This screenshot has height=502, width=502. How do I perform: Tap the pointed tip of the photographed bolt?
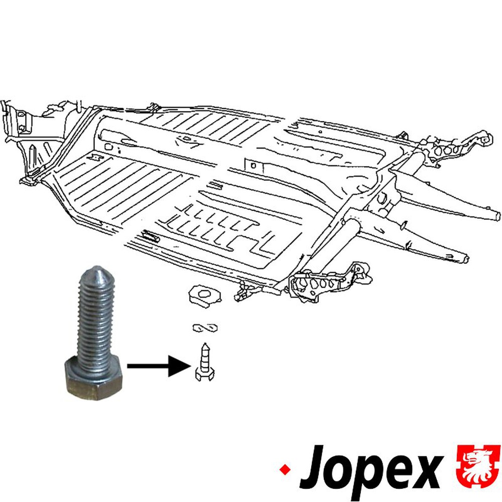coord(95,268)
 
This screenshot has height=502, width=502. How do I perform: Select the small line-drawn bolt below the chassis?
coord(205,363)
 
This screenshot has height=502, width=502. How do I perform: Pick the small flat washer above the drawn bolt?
coord(205,328)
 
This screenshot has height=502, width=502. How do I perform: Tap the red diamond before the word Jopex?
coord(285,470)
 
